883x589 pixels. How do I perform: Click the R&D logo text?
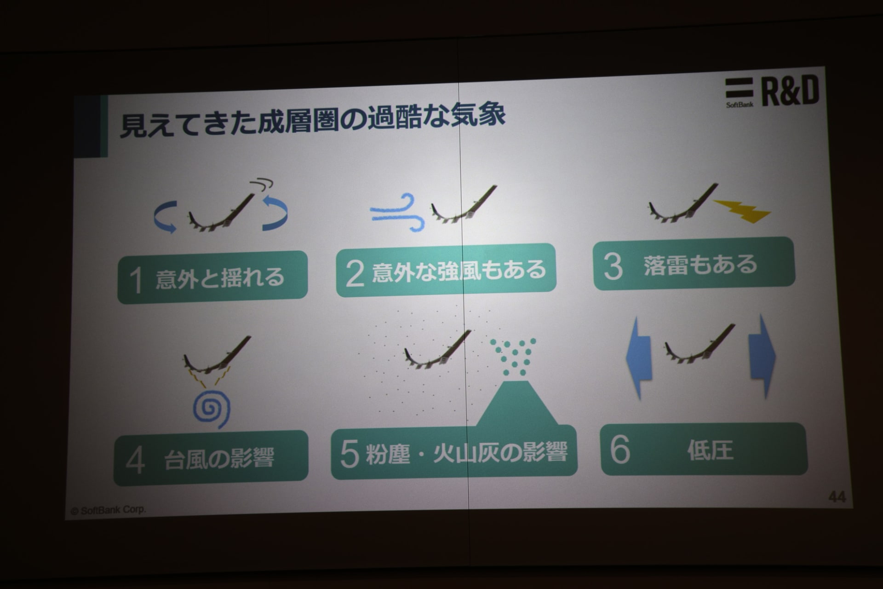pyautogui.click(x=791, y=91)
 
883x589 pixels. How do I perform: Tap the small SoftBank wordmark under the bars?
pyautogui.click(x=740, y=104)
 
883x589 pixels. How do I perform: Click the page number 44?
pyautogui.click(x=837, y=497)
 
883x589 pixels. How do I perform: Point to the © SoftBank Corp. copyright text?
pyautogui.click(x=108, y=510)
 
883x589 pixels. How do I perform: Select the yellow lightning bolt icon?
pyautogui.click(x=742, y=211)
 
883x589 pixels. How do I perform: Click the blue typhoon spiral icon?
pyautogui.click(x=211, y=409)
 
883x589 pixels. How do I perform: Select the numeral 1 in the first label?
pyautogui.click(x=136, y=280)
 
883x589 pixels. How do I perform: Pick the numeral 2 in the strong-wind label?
pyautogui.click(x=355, y=273)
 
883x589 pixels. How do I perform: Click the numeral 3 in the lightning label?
pyautogui.click(x=613, y=266)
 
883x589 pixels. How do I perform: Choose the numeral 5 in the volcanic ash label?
pyautogui.click(x=350, y=453)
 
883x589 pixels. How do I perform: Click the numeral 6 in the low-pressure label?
pyautogui.click(x=619, y=449)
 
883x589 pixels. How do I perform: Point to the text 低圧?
pyautogui.click(x=710, y=450)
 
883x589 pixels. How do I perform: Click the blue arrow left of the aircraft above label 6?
pyautogui.click(x=639, y=357)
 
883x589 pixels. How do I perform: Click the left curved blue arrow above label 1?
pyautogui.click(x=165, y=217)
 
